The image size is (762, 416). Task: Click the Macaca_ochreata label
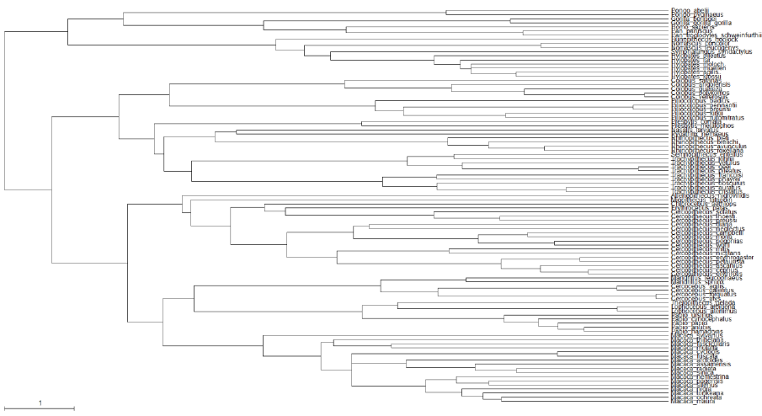click(695, 397)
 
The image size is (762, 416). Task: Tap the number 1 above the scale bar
click(40, 403)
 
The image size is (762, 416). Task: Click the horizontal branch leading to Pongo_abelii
click(556, 11)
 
